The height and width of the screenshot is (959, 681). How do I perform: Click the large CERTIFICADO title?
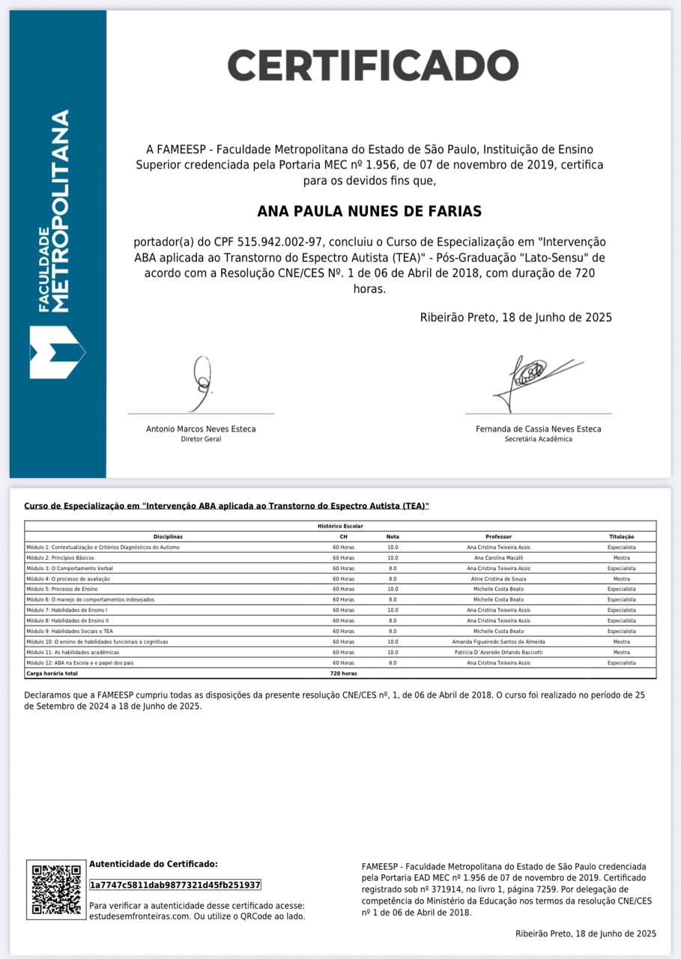click(x=372, y=65)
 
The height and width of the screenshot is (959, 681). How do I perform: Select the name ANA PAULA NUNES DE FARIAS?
click(x=369, y=211)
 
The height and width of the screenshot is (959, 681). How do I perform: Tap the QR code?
click(x=56, y=889)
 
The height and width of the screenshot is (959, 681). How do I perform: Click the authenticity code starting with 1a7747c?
click(x=175, y=885)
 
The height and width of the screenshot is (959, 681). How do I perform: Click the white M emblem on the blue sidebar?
click(x=56, y=352)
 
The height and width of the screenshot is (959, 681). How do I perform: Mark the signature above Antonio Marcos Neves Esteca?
click(x=201, y=383)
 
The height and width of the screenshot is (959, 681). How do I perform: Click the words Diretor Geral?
click(x=201, y=439)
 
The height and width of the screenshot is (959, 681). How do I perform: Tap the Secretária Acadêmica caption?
click(x=538, y=439)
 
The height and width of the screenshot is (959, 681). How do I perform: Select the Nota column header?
click(x=393, y=536)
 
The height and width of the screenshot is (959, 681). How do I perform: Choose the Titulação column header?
click(x=621, y=536)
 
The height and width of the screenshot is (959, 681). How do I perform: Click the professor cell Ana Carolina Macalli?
click(x=498, y=557)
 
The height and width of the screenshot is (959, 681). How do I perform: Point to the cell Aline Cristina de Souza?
click(x=498, y=578)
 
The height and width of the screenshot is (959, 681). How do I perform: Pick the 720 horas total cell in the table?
click(x=343, y=674)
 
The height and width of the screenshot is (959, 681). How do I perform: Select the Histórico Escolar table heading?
click(x=340, y=526)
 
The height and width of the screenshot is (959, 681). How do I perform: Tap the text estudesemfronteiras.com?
click(x=129, y=916)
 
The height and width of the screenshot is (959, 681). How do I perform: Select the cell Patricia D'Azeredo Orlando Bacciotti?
click(x=498, y=653)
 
